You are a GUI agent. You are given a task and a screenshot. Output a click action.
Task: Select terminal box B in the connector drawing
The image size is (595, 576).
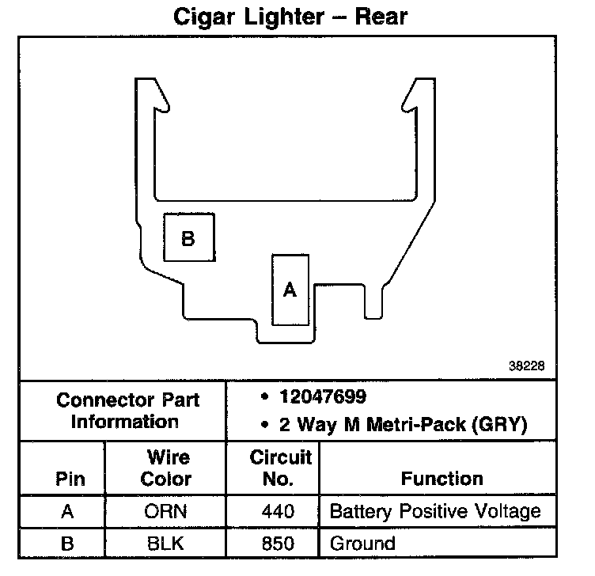[188, 237]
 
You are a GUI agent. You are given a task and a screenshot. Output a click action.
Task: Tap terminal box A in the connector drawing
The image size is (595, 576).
[290, 290]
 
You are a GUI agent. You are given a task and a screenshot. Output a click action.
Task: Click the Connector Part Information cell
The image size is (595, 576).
[126, 411]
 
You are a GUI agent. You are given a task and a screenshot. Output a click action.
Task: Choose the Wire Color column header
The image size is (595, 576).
[166, 468]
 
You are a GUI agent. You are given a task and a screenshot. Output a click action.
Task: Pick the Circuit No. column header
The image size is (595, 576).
[280, 468]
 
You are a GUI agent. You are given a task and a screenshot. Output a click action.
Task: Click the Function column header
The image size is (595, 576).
[442, 479]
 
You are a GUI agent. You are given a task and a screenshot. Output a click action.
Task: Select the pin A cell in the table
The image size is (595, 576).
[67, 512]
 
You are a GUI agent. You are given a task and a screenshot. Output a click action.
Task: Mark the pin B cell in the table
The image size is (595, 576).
[67, 544]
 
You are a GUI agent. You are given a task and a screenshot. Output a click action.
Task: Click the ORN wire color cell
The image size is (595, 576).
[166, 512]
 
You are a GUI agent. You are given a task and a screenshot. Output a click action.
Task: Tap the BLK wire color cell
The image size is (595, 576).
[166, 544]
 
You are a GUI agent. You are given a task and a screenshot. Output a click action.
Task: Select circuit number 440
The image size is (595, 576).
[278, 512]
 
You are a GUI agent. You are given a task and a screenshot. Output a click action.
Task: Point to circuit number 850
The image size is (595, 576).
[278, 544]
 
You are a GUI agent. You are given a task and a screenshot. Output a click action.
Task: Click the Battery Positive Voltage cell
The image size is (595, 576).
[434, 512]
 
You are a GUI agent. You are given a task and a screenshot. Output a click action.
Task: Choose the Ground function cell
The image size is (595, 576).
[362, 544]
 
